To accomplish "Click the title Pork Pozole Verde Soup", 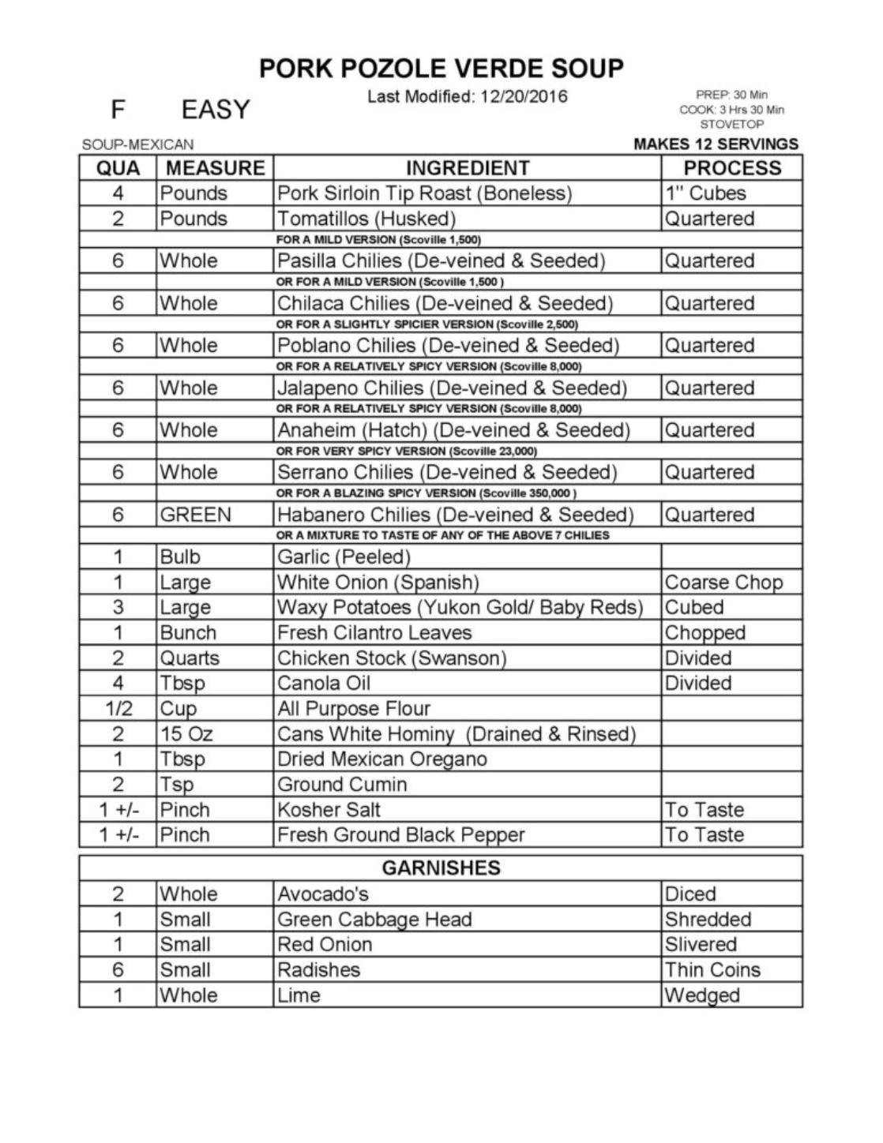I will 441,69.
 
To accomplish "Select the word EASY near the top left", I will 215,109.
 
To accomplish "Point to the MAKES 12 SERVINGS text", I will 716,144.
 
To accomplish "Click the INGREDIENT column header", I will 467,168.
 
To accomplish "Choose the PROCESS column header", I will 731,168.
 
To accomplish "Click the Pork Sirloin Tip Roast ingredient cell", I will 424,193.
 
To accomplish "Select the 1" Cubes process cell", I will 705,193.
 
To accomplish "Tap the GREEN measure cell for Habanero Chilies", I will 196,515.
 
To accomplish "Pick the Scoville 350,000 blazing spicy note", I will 426,493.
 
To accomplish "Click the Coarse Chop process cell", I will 723,583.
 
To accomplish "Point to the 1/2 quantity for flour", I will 118,708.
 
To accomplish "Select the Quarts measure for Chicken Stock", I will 190,658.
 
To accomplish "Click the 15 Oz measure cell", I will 186,733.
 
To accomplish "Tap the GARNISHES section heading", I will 441,868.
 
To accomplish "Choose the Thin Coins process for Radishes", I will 712,969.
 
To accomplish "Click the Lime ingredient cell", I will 299,995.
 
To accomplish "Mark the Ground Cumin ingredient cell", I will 342,784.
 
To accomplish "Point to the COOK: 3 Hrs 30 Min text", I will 731,110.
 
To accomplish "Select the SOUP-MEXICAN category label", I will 138,144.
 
